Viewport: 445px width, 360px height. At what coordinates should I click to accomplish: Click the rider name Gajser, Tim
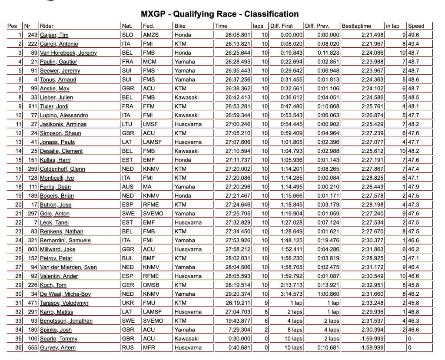54,35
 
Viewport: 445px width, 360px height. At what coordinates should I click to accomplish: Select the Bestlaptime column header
357,26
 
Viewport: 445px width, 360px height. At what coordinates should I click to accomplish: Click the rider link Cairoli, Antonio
59,44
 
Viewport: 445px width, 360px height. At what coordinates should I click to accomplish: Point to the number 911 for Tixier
31,106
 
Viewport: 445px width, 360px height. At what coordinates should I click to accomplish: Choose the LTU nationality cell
127,124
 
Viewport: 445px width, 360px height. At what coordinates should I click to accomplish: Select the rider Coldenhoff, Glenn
62,169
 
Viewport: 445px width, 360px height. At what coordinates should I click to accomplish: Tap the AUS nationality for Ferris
128,187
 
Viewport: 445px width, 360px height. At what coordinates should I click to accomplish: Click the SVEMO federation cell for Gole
153,214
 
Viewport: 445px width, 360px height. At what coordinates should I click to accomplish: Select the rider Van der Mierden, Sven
68,267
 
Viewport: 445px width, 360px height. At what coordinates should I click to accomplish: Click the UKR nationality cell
128,303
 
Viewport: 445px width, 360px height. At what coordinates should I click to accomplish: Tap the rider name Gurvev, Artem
57,348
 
